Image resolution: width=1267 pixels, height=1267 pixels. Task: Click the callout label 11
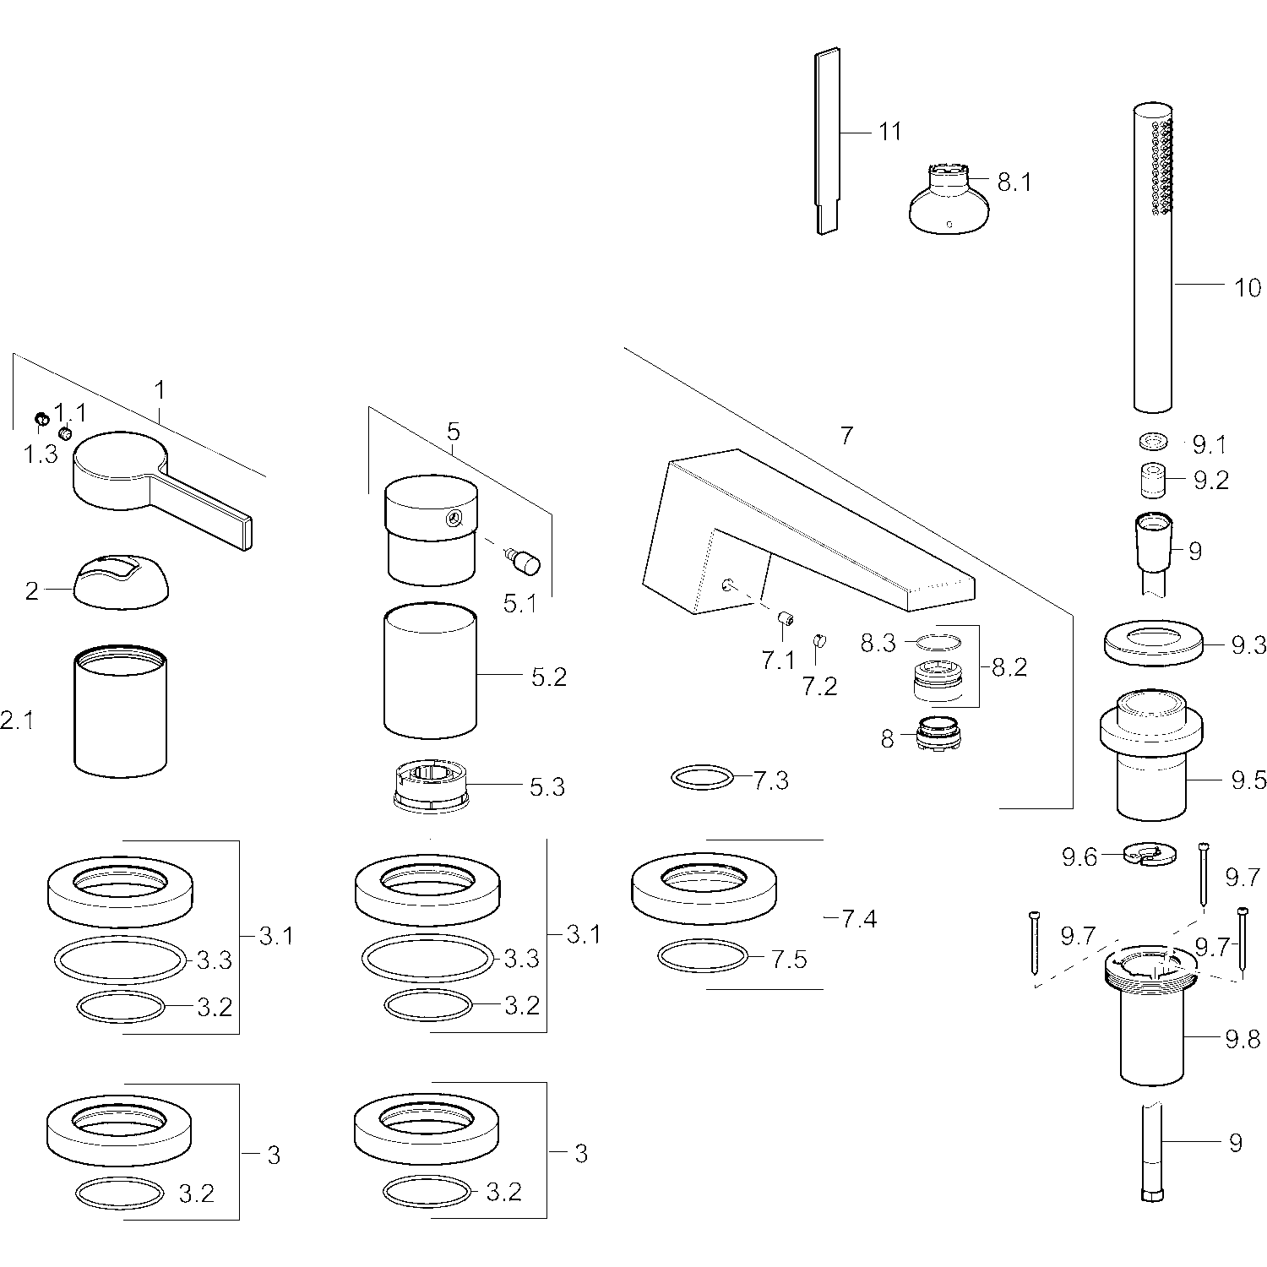coord(889,132)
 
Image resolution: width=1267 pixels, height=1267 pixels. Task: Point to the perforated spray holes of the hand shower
coord(1161,166)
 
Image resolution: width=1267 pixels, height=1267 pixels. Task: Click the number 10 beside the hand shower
coord(1247,287)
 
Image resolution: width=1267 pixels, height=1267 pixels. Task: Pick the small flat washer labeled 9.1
coord(1154,442)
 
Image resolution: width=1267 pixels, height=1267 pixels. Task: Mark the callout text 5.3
coord(547,786)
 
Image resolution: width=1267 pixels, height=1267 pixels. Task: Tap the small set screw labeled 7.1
coord(786,621)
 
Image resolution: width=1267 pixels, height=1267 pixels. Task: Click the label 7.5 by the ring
coord(790,960)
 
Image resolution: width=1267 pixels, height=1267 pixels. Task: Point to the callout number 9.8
coord(1243,1040)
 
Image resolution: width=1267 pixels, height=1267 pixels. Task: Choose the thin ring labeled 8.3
coord(938,641)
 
